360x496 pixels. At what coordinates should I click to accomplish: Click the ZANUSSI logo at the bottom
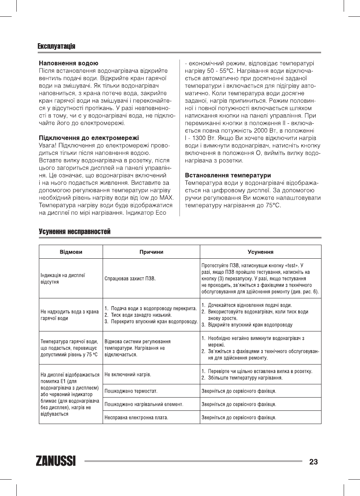coord(56,461)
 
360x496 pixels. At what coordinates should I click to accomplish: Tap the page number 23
coord(313,462)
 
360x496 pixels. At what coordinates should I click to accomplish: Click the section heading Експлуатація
coord(56,46)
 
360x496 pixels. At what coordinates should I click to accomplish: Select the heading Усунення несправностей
coord(75,232)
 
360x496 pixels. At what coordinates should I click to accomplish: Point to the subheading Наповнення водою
coord(68,63)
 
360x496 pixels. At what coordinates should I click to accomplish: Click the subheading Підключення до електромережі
coord(89,138)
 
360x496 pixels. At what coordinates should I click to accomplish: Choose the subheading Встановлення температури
coord(228,175)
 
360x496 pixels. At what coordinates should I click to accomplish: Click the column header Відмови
coord(71,252)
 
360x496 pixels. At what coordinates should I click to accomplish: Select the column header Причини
coord(151,252)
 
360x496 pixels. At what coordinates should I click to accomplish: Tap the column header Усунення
coord(260,252)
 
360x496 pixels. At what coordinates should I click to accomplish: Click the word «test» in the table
coord(289,265)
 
